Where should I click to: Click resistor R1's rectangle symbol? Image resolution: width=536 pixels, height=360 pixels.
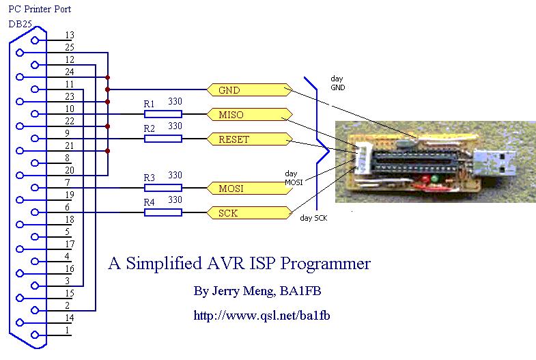(163, 114)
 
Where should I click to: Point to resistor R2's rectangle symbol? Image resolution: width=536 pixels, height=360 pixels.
(163, 139)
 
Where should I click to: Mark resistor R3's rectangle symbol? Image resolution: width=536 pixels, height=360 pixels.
(163, 188)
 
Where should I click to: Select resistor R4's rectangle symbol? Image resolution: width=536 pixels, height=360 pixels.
(163, 212)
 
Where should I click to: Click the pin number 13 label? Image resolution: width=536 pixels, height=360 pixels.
(70, 35)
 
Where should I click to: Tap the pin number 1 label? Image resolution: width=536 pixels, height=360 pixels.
(67, 330)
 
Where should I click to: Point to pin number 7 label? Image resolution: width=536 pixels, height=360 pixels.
(67, 182)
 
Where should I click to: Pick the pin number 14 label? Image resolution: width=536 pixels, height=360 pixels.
(70, 318)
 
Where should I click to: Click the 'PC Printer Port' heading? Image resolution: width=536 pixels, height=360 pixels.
(39, 9)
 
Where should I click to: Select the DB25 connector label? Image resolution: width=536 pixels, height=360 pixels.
(20, 24)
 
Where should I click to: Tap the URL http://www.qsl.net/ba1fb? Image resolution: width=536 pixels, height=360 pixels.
(262, 316)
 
